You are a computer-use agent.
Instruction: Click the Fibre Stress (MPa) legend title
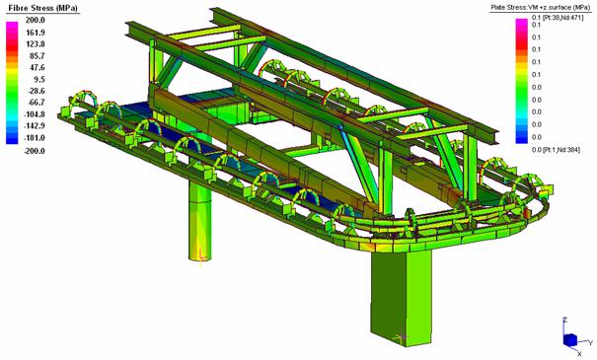pos(42,8)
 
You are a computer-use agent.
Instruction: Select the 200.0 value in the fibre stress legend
pos(36,20)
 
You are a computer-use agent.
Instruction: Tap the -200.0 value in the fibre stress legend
pos(35,151)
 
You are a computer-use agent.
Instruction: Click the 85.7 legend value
pos(37,56)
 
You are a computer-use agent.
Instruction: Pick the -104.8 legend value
pos(35,114)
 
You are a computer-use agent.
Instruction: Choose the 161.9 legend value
pos(36,33)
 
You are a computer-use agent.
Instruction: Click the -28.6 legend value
pos(36,91)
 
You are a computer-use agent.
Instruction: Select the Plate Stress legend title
pos(541,8)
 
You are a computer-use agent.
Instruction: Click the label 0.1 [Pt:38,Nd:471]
pos(558,18)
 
